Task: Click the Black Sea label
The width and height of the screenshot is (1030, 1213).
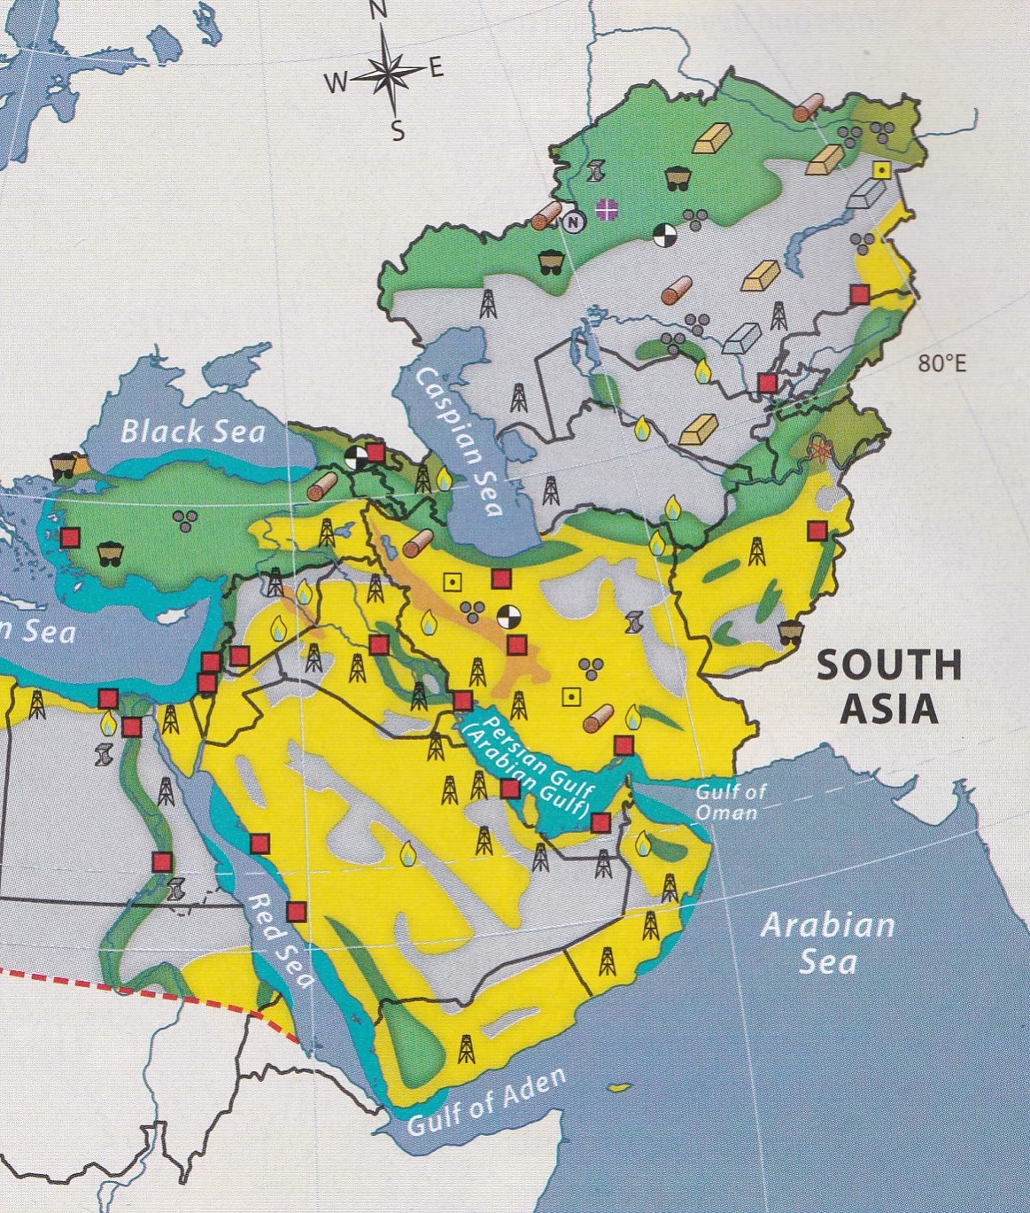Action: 192,431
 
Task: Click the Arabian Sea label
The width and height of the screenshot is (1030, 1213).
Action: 827,943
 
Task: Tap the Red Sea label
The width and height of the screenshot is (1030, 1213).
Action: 281,940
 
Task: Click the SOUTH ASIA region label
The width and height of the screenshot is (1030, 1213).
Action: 887,686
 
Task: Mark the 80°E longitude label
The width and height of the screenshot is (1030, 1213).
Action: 941,364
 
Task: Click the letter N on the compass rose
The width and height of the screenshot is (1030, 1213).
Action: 378,12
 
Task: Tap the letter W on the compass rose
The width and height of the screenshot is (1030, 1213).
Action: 336,83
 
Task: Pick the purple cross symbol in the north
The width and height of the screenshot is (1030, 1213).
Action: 607,209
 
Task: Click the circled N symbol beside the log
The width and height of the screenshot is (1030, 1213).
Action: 574,222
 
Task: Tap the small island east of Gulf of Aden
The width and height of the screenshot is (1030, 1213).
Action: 619,1087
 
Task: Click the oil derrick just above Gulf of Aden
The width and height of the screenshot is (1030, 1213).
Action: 466,1048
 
